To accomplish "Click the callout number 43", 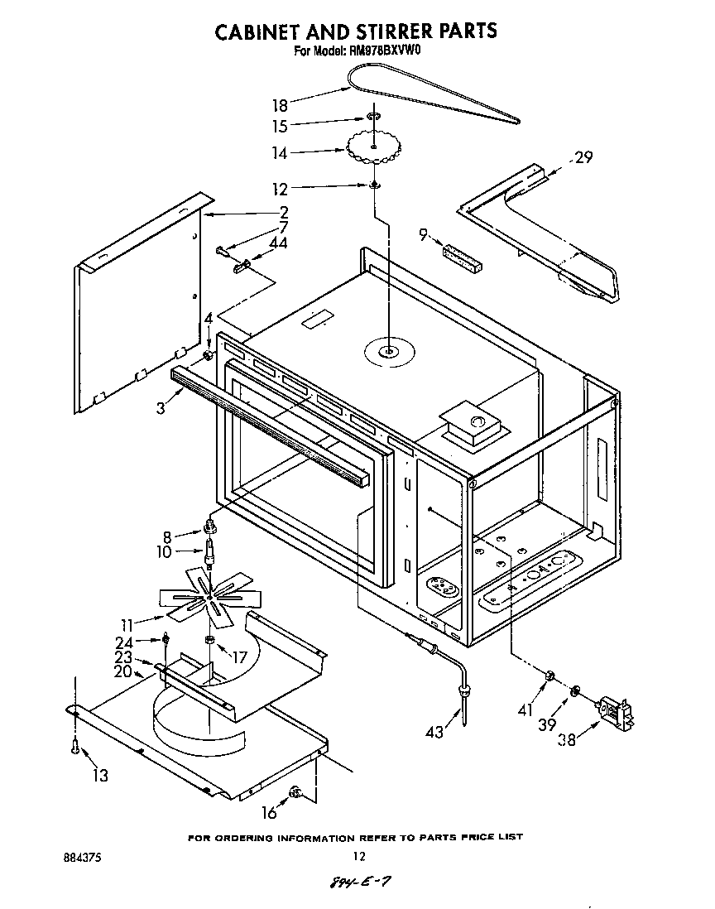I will (433, 731).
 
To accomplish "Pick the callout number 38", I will (567, 740).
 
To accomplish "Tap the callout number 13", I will (100, 775).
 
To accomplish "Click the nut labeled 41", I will (547, 678).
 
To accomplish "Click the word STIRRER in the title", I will (377, 31).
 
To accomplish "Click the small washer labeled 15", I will (374, 119).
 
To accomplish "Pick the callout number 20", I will (122, 672).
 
